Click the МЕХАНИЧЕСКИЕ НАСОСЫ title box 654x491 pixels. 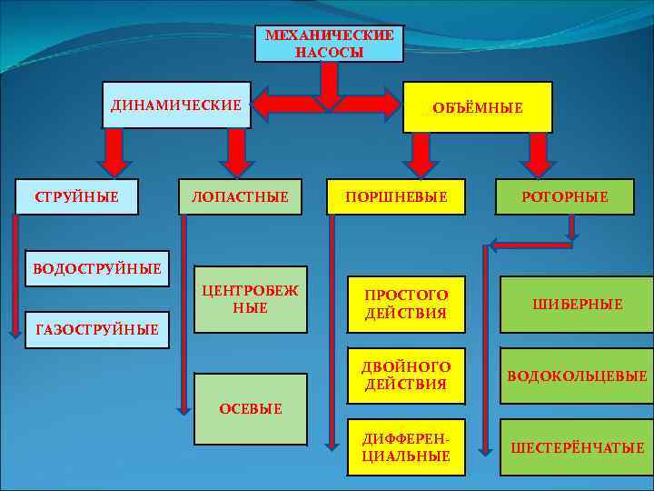click(x=329, y=44)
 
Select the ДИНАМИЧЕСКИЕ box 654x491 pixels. click(x=176, y=105)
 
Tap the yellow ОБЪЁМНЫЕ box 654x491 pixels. click(x=478, y=107)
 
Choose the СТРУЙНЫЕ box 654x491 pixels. click(x=76, y=196)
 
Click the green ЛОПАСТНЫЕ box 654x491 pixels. click(x=241, y=196)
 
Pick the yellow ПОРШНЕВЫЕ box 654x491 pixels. click(x=397, y=196)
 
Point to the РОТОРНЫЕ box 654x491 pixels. click(x=565, y=196)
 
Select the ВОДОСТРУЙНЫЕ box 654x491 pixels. click(x=96, y=268)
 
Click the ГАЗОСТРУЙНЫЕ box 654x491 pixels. click(x=96, y=328)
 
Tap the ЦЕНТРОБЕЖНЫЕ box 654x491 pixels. click(x=251, y=300)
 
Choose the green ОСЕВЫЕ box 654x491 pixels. click(x=251, y=408)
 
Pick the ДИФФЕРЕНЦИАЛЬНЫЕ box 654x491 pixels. click(x=405, y=446)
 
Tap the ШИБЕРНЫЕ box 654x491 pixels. click(x=577, y=305)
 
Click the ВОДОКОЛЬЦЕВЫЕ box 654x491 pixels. click(x=577, y=376)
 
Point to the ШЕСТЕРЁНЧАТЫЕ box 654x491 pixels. click(x=577, y=446)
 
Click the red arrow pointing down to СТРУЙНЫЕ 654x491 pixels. click(x=113, y=152)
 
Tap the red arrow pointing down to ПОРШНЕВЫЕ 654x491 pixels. click(x=420, y=154)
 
